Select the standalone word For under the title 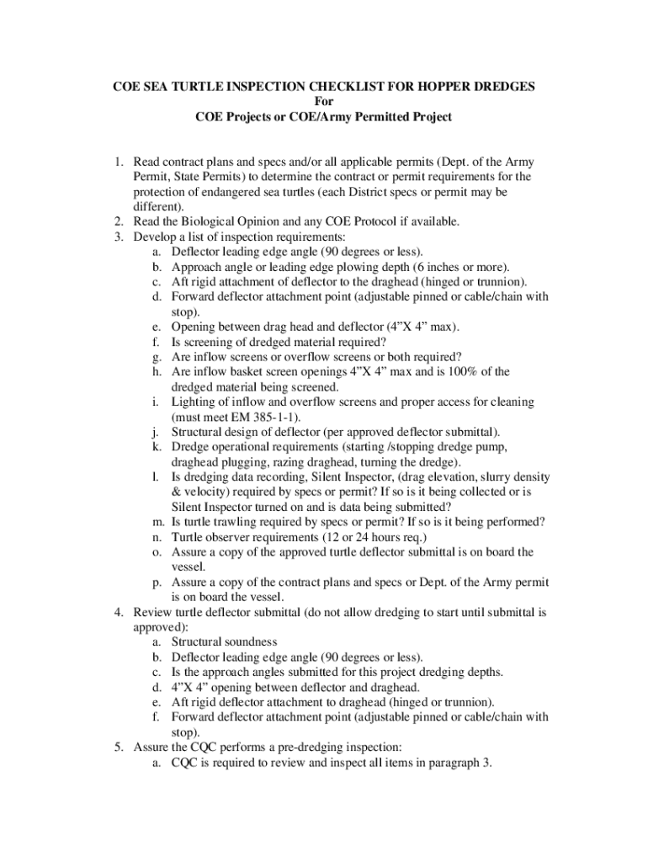[x=324, y=102]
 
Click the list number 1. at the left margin [x=120, y=162]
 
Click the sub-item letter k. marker [x=157, y=447]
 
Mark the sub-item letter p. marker [x=157, y=582]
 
